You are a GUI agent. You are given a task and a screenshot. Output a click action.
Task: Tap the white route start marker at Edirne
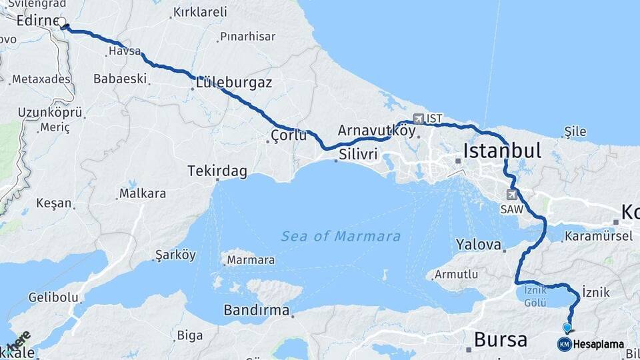[x=62, y=23]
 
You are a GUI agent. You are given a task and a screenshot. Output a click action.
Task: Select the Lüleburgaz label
[x=233, y=83]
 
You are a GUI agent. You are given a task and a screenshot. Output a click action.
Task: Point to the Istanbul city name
[x=503, y=150]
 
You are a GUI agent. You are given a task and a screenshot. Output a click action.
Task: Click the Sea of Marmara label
[x=341, y=237]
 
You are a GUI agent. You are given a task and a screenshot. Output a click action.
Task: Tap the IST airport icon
[x=419, y=119]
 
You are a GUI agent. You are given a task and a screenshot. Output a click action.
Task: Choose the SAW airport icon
[x=512, y=195]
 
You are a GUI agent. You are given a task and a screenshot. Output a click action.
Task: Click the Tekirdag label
[x=217, y=171]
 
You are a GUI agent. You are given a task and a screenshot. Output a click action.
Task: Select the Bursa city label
[x=500, y=339]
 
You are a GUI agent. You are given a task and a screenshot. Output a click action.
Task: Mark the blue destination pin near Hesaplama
[x=567, y=328]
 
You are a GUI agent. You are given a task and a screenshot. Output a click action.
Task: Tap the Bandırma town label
[x=257, y=311]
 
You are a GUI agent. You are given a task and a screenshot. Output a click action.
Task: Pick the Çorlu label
[x=289, y=136]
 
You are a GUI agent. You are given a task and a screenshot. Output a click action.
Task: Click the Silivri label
[x=358, y=154]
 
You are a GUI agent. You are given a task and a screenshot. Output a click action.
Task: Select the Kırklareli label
[x=199, y=12]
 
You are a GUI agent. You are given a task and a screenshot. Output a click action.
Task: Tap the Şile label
[x=575, y=131]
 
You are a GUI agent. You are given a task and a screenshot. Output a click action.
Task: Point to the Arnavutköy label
[x=377, y=131]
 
